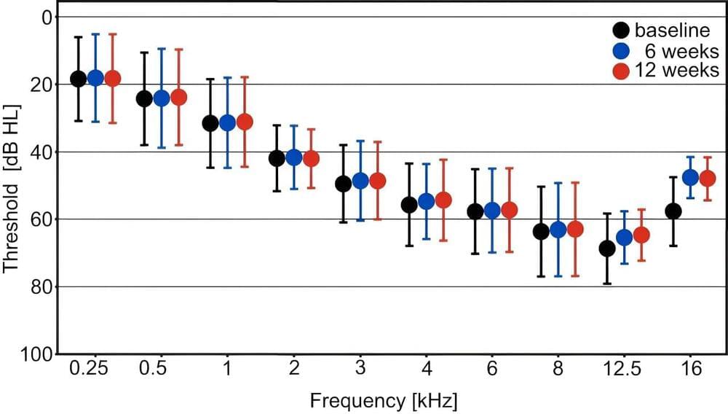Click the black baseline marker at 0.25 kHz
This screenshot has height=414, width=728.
(x=79, y=79)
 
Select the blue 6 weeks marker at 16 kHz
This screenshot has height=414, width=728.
(x=690, y=177)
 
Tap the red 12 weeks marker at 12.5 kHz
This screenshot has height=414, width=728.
(x=641, y=235)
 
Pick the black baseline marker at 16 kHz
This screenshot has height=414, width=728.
(x=673, y=211)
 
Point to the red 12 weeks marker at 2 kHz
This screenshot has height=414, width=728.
(x=311, y=158)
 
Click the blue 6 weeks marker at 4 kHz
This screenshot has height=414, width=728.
(x=426, y=201)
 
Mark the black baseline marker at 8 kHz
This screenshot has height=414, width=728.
(x=541, y=231)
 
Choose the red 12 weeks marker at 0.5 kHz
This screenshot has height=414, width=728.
(x=178, y=97)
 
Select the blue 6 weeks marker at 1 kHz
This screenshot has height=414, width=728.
(x=227, y=122)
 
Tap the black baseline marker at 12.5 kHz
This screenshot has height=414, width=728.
(x=607, y=249)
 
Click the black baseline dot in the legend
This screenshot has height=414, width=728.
(x=621, y=31)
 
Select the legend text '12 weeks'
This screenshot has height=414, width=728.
(x=676, y=71)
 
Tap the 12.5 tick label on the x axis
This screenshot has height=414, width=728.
(x=624, y=370)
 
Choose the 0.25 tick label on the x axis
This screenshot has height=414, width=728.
(x=88, y=370)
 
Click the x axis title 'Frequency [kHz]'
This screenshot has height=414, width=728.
(x=384, y=400)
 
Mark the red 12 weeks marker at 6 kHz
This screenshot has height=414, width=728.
(x=510, y=210)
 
